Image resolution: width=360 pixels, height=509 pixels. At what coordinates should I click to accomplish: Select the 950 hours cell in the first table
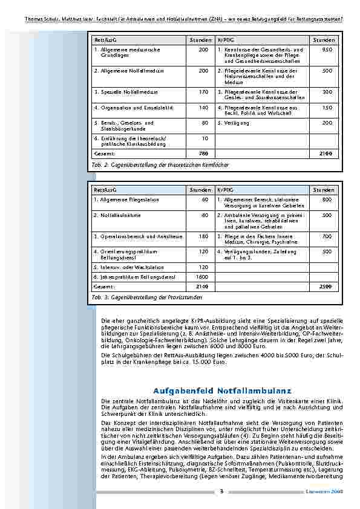click(327, 50)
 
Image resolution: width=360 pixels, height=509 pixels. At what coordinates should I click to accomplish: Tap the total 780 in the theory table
click(203, 154)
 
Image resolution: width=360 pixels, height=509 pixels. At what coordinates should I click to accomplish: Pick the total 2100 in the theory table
click(326, 154)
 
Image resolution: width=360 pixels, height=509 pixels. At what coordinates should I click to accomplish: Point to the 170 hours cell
click(203, 92)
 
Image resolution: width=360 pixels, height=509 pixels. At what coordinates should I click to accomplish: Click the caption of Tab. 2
click(160, 164)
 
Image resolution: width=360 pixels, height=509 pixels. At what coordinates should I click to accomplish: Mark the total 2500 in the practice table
click(326, 286)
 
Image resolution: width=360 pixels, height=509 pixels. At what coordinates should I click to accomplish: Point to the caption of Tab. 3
click(147, 297)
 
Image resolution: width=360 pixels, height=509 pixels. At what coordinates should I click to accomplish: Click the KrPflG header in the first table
click(225, 39)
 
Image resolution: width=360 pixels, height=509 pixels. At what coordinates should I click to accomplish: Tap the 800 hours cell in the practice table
click(327, 199)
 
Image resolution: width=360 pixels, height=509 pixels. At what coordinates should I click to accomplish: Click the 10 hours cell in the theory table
click(205, 138)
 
